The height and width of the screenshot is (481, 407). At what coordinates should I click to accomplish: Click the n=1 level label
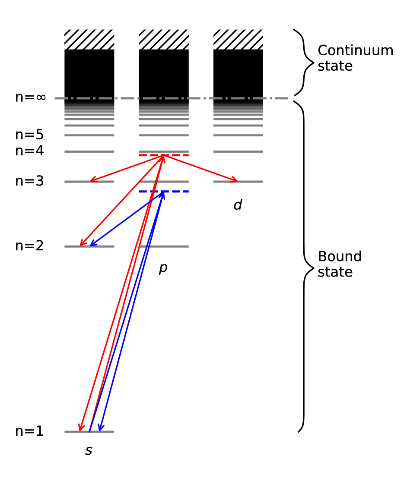(x=29, y=431)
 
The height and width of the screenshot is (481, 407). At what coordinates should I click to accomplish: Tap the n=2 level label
(x=29, y=246)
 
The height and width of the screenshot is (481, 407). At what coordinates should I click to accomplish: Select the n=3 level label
(x=29, y=181)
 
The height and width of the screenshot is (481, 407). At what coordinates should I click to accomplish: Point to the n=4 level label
(x=29, y=151)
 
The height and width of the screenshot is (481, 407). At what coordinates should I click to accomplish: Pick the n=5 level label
(x=29, y=135)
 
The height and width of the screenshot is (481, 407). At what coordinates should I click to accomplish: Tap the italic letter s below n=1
(x=89, y=451)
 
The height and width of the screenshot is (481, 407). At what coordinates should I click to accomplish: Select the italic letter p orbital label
(x=163, y=268)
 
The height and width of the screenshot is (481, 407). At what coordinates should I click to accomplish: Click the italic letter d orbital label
(x=238, y=205)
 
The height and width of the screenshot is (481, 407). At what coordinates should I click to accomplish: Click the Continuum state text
(x=355, y=58)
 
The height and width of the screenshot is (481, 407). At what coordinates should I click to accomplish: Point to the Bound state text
(x=340, y=264)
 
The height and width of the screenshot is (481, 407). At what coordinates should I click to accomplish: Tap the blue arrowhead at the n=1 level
(x=100, y=428)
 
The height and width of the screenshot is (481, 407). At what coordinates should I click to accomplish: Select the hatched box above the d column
(x=238, y=39)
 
